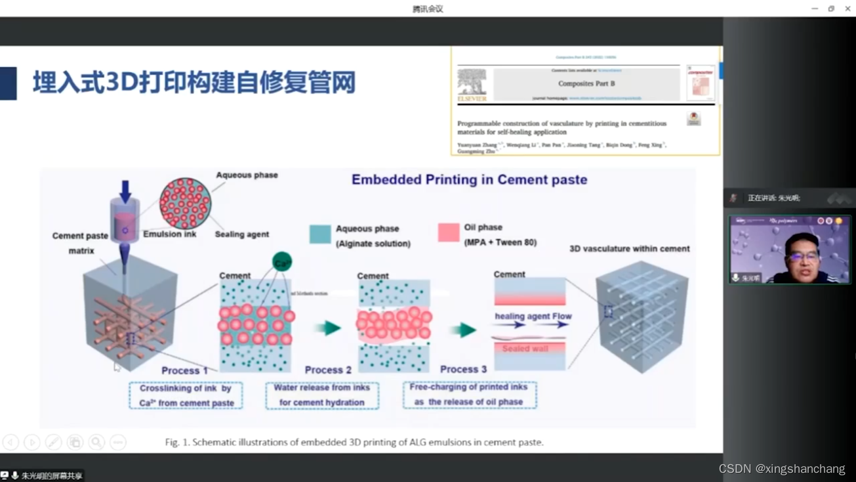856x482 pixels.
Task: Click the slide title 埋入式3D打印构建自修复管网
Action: tap(194, 83)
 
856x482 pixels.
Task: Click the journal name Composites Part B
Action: tap(586, 83)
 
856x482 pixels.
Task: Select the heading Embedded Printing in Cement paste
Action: tap(469, 180)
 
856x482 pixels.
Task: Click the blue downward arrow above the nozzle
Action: tap(125, 190)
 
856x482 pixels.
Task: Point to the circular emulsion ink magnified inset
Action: tap(186, 204)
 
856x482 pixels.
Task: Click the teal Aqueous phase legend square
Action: tap(320, 234)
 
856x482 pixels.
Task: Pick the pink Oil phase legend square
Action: tap(449, 232)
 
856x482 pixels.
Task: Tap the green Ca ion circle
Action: tap(282, 263)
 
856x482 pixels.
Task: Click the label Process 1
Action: tap(184, 370)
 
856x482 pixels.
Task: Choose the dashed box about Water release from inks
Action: tap(322, 395)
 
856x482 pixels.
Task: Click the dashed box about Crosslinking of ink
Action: tap(186, 395)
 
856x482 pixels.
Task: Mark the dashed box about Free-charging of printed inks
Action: tap(470, 395)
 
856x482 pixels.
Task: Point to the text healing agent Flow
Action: tap(533, 317)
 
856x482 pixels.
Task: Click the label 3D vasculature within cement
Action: tap(629, 249)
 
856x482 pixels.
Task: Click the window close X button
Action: tap(847, 9)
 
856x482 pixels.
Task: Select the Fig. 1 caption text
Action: tap(354, 443)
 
